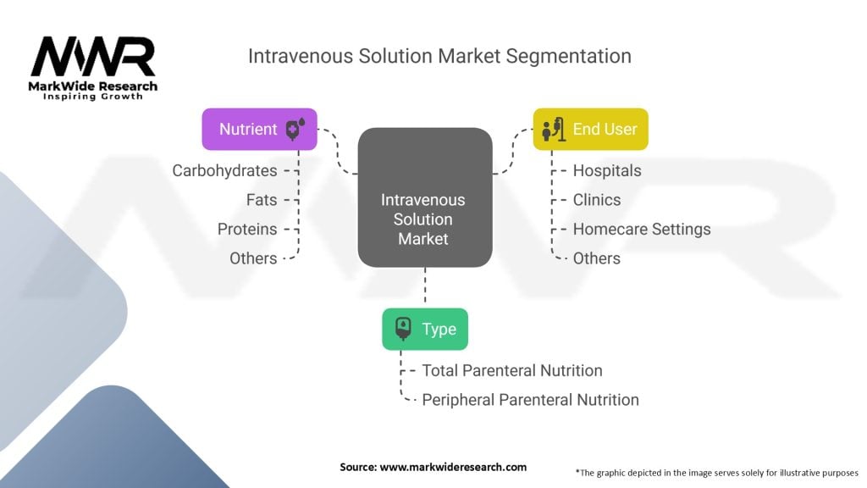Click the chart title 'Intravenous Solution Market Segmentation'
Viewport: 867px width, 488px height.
coord(439,56)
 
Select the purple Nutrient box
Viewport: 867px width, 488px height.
coord(259,129)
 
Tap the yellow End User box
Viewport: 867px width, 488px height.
coord(590,129)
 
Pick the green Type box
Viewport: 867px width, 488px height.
coord(425,329)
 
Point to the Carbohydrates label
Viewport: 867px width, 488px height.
coord(224,170)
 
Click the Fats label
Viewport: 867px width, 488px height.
coord(261,200)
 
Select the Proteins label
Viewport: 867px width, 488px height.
coord(246,229)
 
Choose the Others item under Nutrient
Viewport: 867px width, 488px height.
coord(253,258)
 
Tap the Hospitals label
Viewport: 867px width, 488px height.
coord(607,170)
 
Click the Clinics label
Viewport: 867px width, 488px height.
coord(596,200)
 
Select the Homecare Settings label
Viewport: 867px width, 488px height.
coord(642,229)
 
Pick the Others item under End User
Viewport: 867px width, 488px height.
coord(596,258)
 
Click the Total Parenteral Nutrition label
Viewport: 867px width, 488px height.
coord(512,370)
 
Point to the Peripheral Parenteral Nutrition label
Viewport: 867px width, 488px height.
coord(530,399)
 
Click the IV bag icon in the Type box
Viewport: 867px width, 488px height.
coord(403,330)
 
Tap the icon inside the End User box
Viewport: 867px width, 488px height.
coord(553,130)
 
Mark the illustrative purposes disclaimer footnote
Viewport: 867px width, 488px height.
coord(716,472)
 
